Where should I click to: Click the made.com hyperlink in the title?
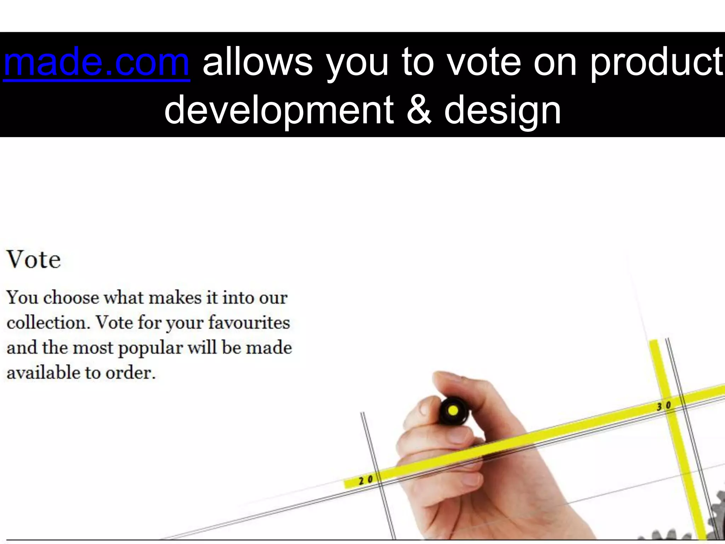point(96,63)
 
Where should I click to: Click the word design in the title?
point(503,110)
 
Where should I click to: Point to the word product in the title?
point(657,63)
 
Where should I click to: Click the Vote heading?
point(34,260)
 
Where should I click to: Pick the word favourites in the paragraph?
point(249,323)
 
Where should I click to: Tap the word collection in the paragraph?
point(48,323)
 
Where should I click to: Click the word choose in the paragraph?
point(71,297)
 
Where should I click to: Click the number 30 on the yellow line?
point(664,406)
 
